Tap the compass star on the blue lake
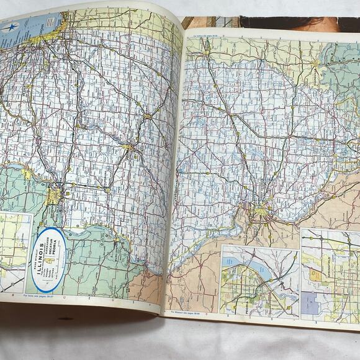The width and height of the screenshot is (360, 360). click(11, 28)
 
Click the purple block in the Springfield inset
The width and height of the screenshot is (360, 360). click(309, 304)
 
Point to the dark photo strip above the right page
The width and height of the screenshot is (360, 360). click(298, 23)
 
